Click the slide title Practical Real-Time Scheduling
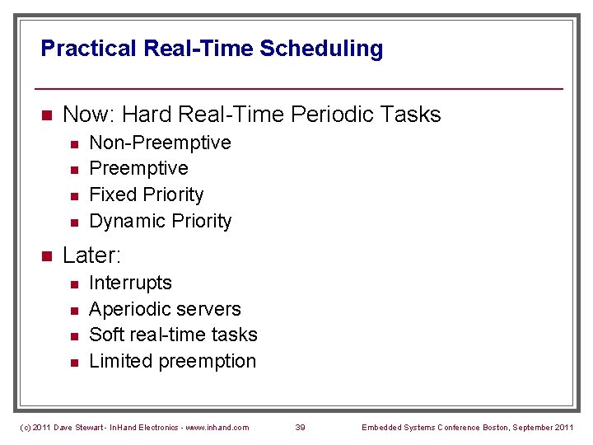pos(212,49)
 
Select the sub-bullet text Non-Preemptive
pos(160,143)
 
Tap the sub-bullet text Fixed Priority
pos(146,194)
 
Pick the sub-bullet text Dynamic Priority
pos(160,221)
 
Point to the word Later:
pos(91,255)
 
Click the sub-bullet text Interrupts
pos(130,283)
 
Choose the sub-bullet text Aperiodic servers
pos(165,309)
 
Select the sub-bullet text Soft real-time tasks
pos(173,335)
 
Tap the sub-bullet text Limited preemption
pos(172,361)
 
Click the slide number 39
pos(301,427)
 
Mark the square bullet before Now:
pos(47,115)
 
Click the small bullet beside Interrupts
pos(73,284)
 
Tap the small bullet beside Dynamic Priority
pos(73,222)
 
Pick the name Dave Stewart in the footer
pos(81,427)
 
